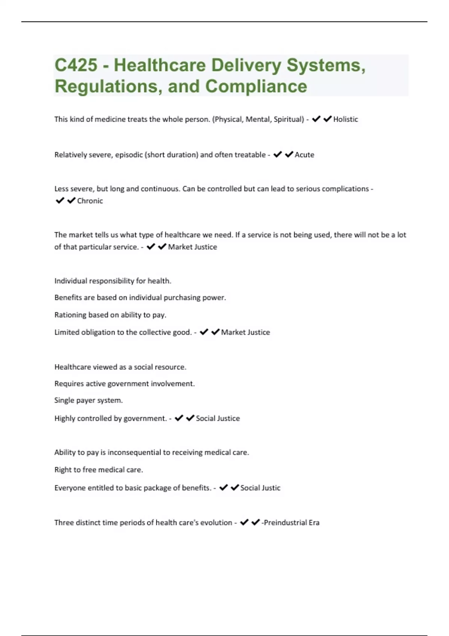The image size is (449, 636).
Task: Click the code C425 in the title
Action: coord(76,65)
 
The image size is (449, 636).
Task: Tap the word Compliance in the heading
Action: coord(256,86)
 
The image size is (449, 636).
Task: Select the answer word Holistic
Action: coord(345,119)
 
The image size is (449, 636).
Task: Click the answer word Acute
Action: coord(304,155)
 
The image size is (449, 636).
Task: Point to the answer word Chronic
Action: coord(90,201)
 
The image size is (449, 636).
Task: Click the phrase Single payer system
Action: coord(88,400)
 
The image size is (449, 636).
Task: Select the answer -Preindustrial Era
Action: coord(290,523)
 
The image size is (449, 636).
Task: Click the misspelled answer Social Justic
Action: coord(260,488)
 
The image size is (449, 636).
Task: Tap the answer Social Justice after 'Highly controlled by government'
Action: coord(218,418)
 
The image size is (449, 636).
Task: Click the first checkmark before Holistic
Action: coord(316,119)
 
